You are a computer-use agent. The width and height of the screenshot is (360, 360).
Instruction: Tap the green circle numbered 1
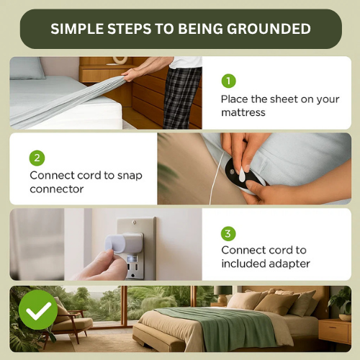228,81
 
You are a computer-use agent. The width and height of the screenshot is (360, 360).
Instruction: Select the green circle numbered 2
37,158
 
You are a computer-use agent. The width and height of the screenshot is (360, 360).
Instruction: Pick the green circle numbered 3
228,233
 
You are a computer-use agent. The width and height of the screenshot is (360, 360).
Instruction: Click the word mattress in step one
243,112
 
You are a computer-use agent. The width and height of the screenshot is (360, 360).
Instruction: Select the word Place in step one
235,99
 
